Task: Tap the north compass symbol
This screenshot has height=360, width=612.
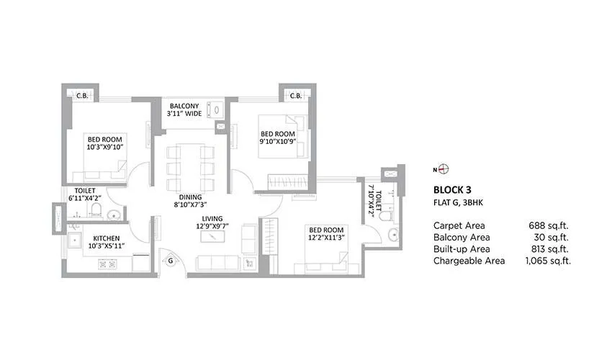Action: point(444,170)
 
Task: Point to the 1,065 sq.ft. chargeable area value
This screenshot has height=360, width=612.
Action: point(548,261)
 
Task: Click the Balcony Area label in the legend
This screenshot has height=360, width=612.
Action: point(462,237)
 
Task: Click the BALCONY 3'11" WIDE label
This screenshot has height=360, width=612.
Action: point(184,109)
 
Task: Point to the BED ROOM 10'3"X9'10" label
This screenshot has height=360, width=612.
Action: point(105,142)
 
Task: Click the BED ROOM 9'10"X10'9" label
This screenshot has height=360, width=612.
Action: point(277,138)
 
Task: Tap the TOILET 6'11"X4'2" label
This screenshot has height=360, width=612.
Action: point(85,194)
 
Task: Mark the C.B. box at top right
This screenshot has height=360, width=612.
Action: point(295,95)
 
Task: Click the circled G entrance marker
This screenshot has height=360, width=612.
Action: point(170,261)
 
